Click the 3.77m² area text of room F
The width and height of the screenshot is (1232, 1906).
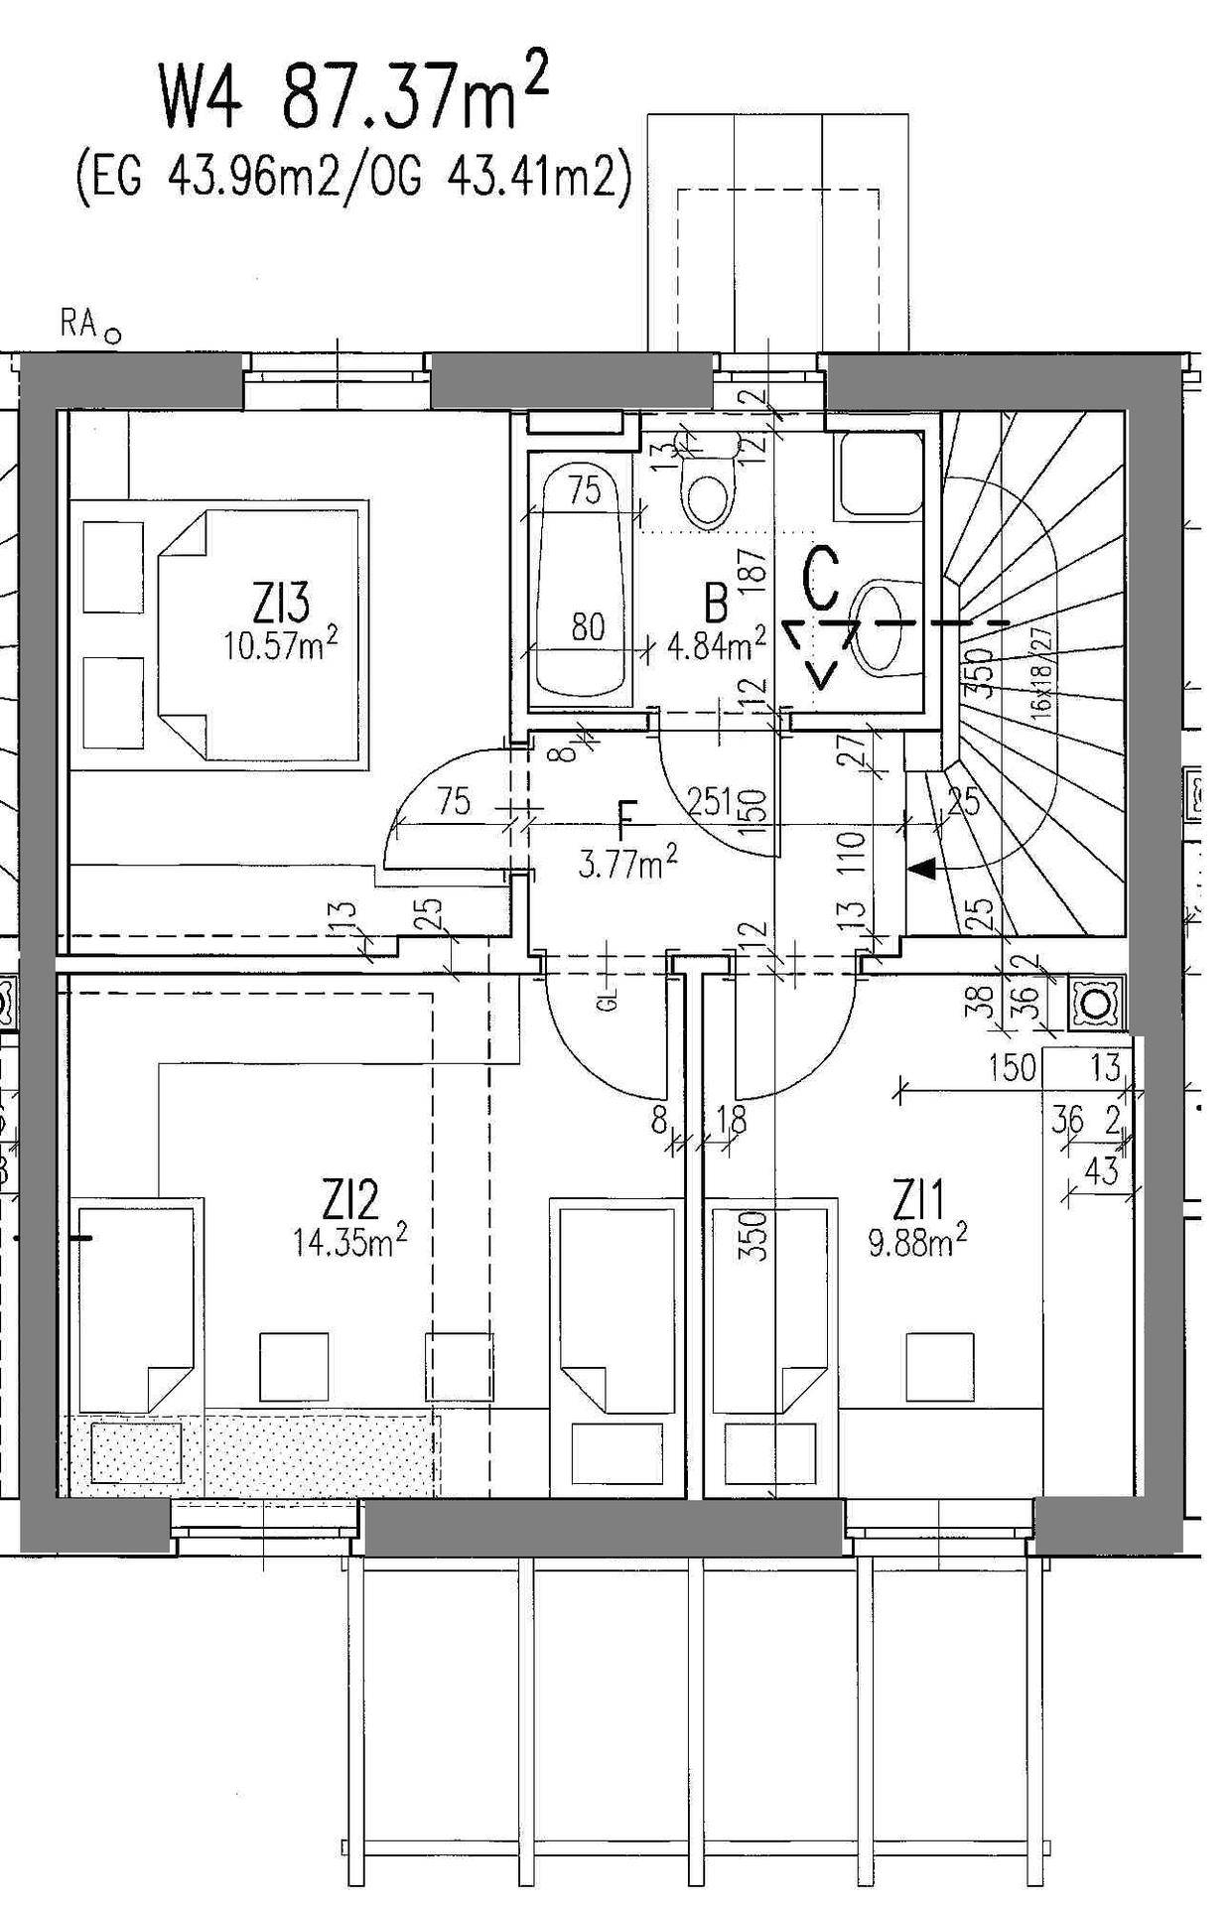tap(628, 865)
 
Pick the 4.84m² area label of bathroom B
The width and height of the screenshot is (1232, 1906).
tap(716, 647)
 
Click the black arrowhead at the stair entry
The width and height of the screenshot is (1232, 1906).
tap(922, 869)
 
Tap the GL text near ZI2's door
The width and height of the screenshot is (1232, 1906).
tap(610, 998)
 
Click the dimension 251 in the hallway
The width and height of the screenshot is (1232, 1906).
tap(713, 799)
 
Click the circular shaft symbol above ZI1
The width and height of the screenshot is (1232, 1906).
tap(1097, 1005)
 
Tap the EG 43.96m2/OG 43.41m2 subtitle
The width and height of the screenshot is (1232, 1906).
tap(353, 180)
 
